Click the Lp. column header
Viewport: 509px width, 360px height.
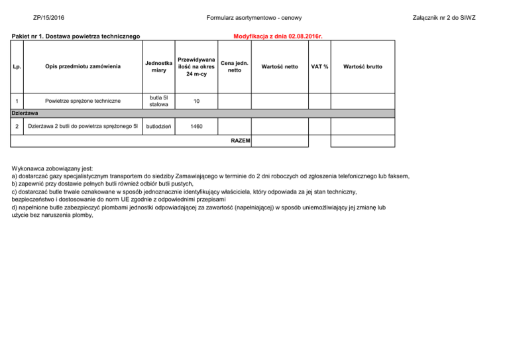[x=17, y=66]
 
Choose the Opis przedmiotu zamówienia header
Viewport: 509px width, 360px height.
[x=83, y=66]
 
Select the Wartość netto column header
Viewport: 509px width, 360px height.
[x=280, y=66]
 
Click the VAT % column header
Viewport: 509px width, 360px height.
[x=320, y=66]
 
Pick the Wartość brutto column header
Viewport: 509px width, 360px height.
[x=363, y=66]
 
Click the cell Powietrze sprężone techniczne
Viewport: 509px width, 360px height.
[x=83, y=101]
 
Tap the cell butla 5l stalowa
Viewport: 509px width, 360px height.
[x=158, y=101]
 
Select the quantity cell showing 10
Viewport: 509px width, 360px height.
[x=197, y=101]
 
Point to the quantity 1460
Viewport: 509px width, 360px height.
[x=197, y=126]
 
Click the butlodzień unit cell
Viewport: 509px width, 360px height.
[x=158, y=126]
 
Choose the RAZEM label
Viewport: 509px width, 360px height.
[x=240, y=141]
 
